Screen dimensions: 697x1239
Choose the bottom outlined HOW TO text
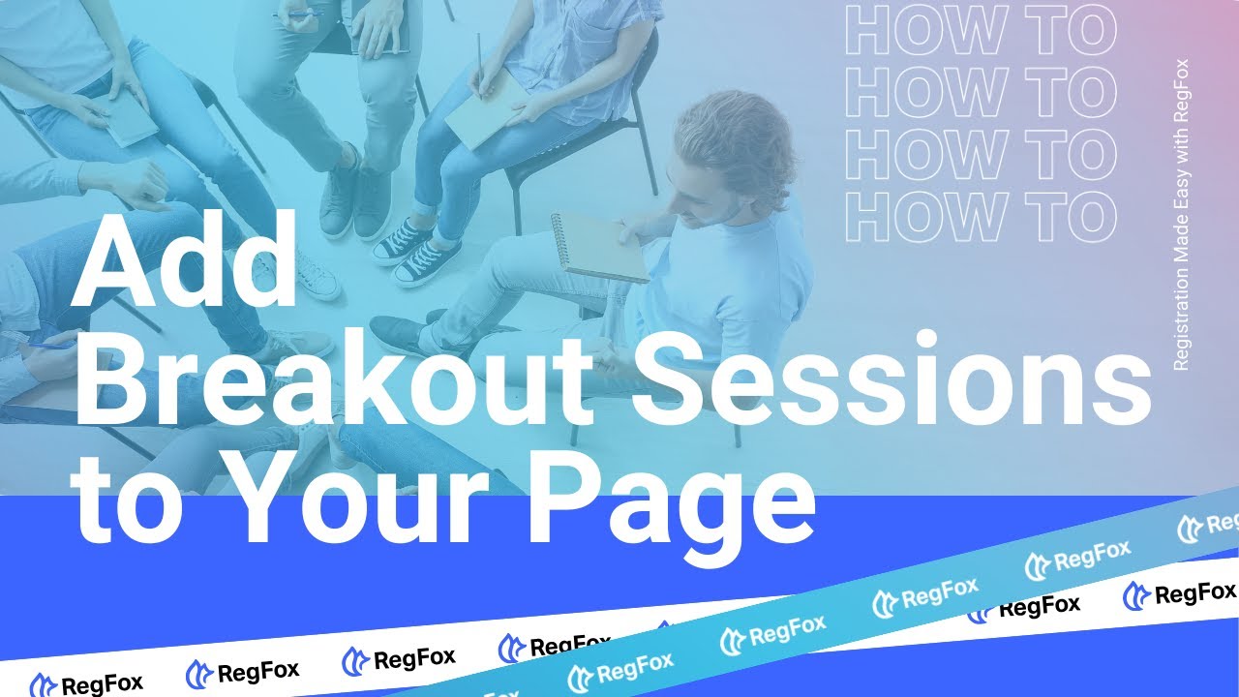[x=981, y=216]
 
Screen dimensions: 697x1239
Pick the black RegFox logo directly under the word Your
[x=398, y=660]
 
